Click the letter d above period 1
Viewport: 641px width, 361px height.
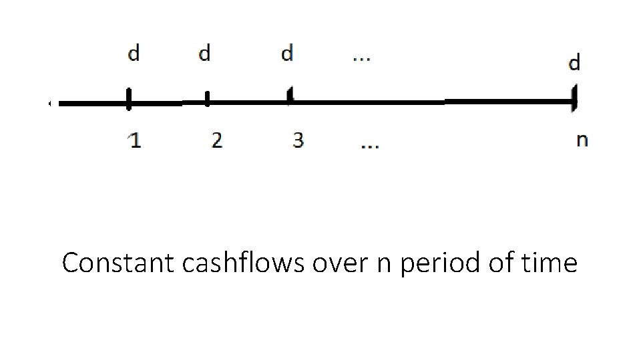coord(134,53)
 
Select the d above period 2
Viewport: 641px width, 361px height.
coord(205,53)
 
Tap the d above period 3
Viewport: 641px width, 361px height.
coord(287,53)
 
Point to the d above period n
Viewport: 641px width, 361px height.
coord(574,64)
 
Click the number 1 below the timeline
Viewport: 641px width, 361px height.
coord(135,140)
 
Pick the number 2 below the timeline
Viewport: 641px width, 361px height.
coord(216,140)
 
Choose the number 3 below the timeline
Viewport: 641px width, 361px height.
coord(298,140)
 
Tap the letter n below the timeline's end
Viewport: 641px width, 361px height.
coord(582,140)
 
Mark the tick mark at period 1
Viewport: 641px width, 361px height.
coord(128,101)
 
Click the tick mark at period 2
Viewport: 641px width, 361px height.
coord(207,100)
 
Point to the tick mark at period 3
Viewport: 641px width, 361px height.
coord(289,97)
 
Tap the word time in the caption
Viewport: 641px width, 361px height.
coord(552,263)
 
